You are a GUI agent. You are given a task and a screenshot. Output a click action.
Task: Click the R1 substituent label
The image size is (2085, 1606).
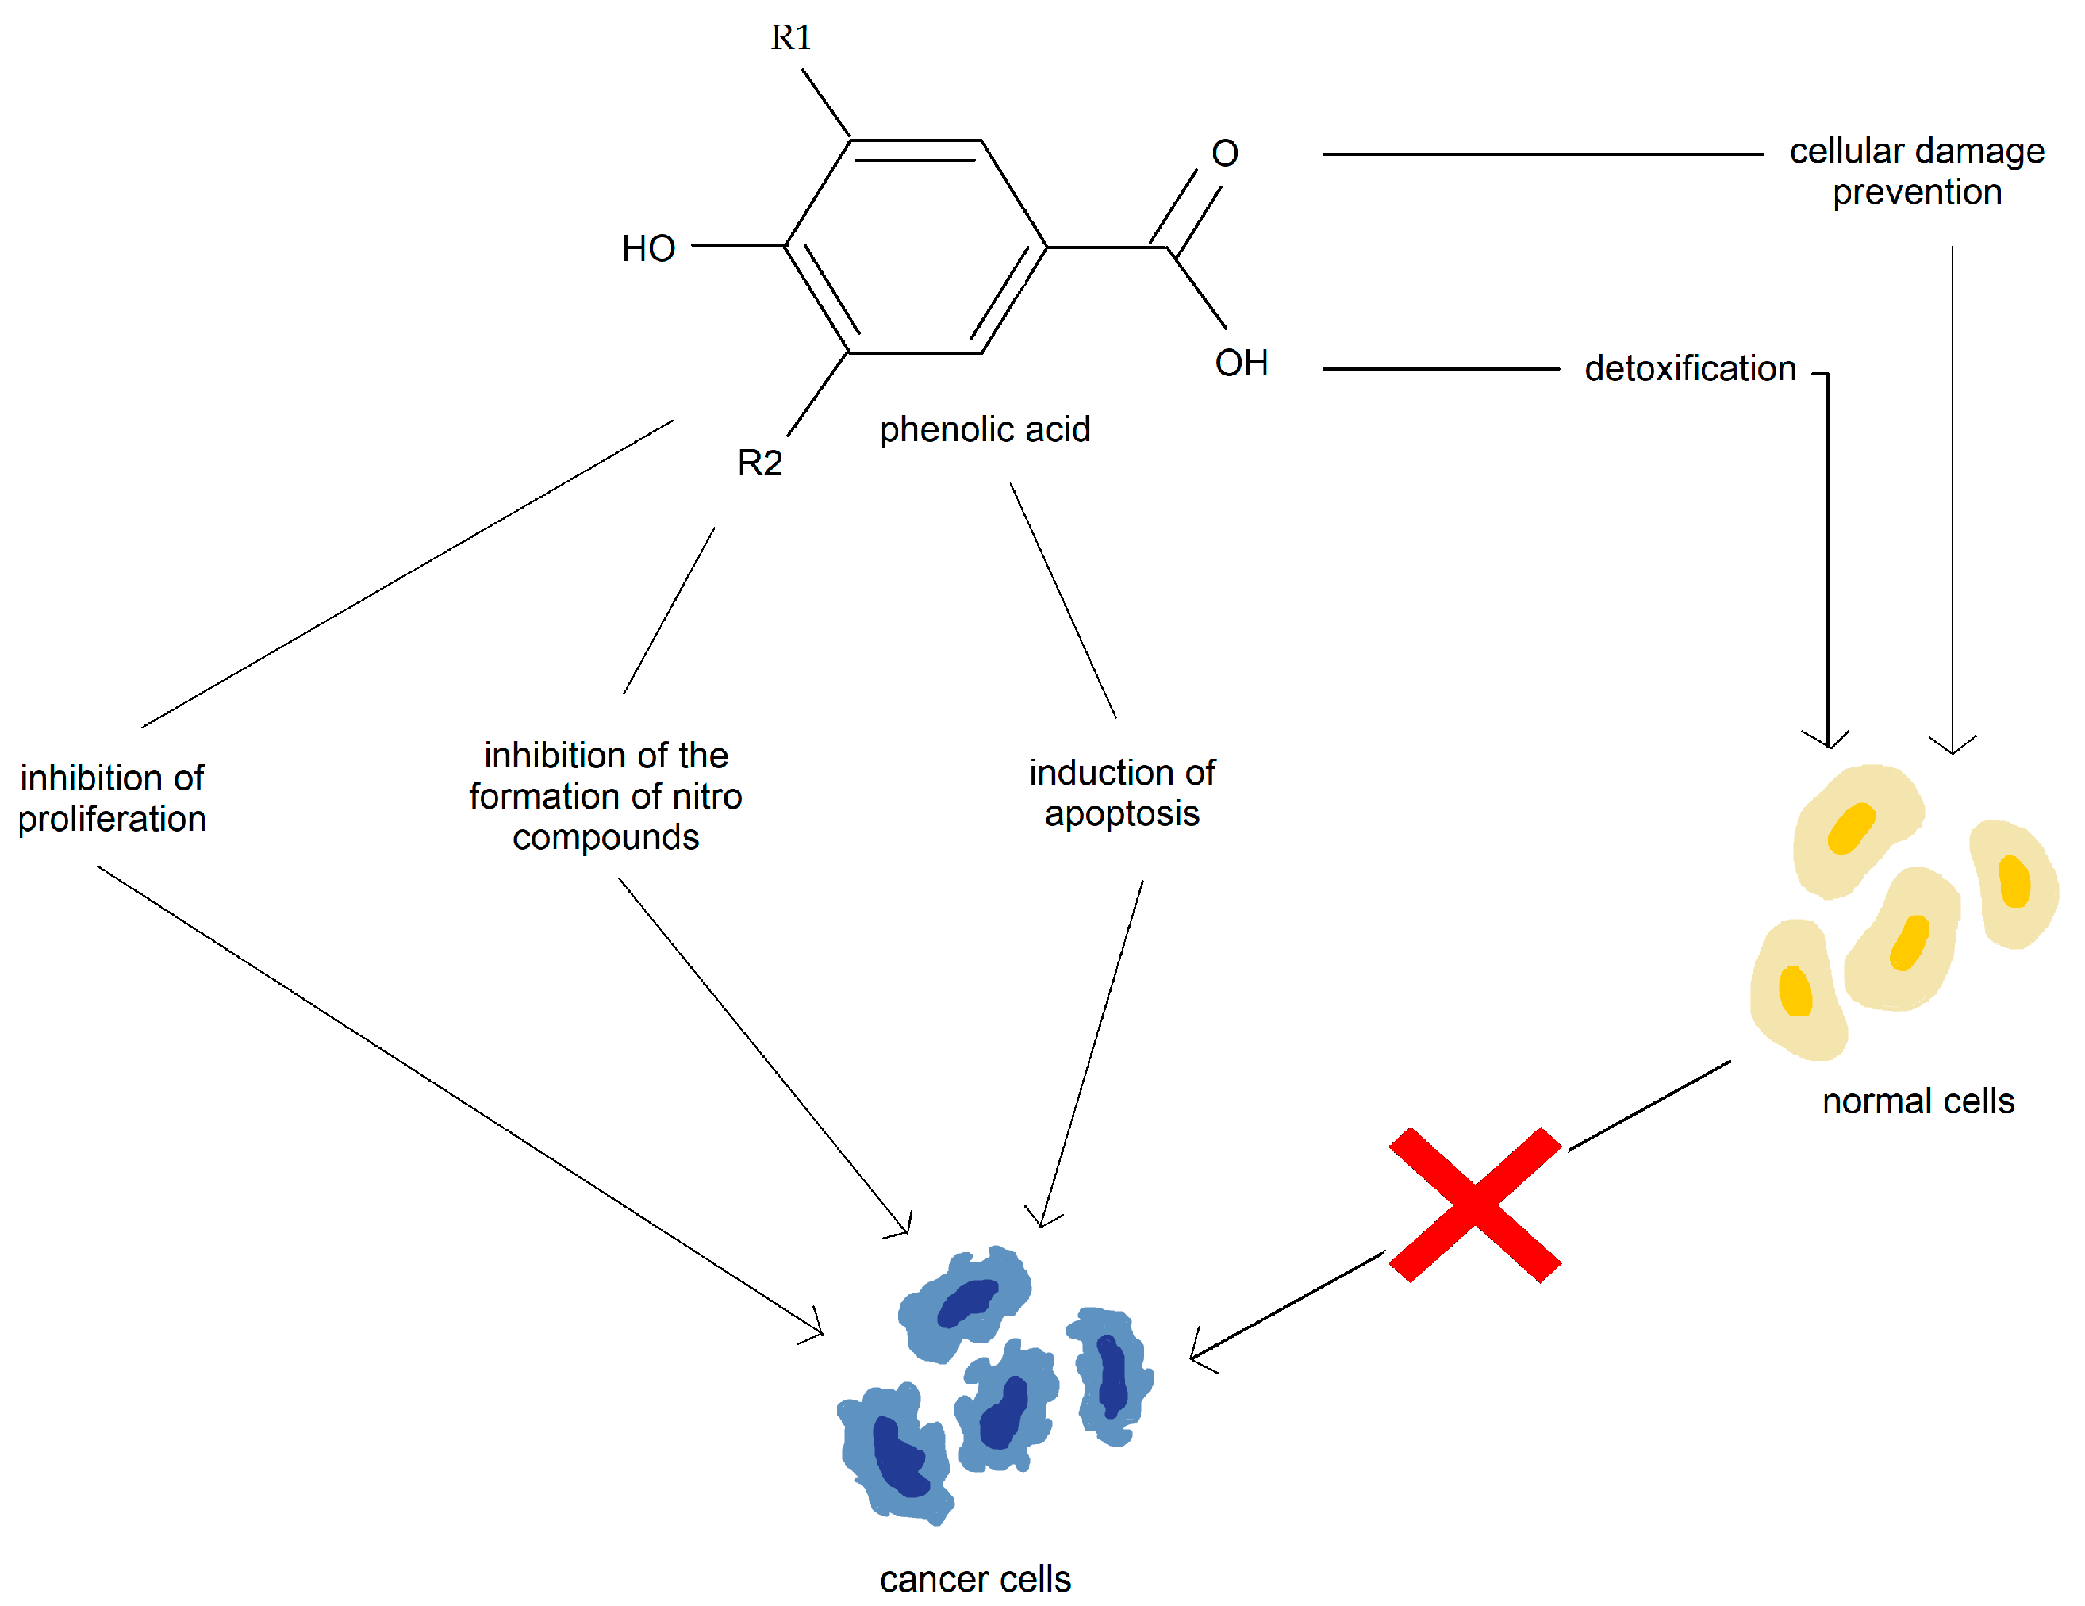(x=790, y=38)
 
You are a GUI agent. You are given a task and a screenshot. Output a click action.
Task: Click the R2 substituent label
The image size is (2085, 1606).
(x=760, y=463)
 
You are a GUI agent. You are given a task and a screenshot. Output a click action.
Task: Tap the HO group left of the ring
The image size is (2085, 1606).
(x=648, y=249)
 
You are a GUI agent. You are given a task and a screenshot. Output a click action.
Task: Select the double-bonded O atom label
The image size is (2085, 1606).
(x=1225, y=154)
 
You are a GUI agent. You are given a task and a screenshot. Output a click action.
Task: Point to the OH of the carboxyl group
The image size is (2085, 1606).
(x=1241, y=363)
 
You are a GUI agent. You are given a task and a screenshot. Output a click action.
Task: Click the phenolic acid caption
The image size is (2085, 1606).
(x=985, y=429)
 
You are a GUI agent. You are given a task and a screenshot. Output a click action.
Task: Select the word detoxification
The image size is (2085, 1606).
(x=1690, y=368)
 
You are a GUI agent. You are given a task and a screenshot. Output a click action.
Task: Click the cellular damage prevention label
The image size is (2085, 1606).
(x=1916, y=172)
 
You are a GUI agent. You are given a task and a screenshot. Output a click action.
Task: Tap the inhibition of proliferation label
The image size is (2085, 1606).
(x=112, y=798)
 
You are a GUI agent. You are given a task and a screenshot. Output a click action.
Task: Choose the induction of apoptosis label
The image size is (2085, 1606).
(x=1122, y=793)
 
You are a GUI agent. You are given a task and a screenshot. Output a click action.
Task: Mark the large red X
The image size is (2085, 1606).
(x=1474, y=1205)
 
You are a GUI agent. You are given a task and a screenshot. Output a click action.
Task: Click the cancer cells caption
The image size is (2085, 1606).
(x=975, y=1579)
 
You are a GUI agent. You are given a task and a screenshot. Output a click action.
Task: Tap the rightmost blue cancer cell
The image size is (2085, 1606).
(x=1110, y=1375)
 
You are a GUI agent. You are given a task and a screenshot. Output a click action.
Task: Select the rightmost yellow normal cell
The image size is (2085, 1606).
(x=2013, y=883)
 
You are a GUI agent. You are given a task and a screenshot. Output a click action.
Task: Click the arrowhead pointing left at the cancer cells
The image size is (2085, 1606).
(x=1197, y=1355)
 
